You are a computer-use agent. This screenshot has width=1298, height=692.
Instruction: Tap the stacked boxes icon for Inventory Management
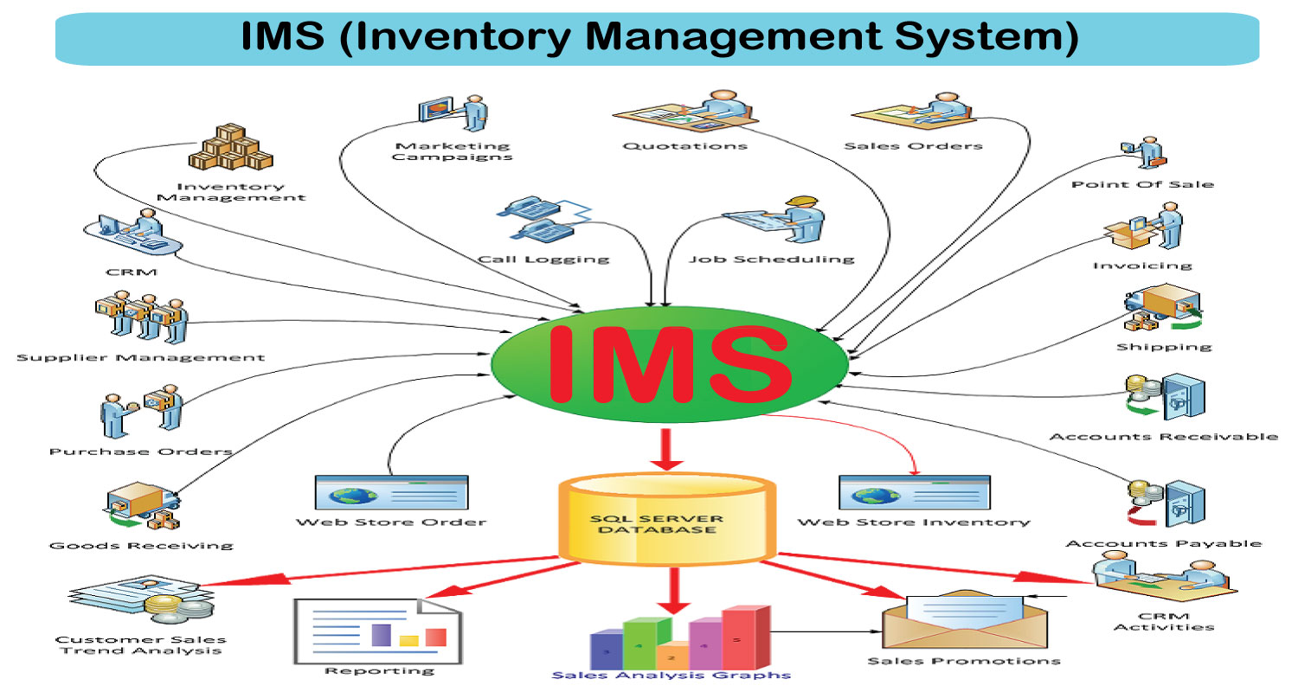230,146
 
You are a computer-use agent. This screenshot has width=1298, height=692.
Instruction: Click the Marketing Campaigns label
452,151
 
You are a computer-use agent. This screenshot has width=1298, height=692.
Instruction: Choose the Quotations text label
684,146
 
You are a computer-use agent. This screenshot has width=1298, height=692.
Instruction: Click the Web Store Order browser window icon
392,492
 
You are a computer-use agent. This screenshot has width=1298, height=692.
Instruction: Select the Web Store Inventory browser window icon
915,492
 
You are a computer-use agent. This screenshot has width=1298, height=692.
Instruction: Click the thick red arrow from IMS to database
667,450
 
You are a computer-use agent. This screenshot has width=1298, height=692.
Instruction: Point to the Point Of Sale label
1142,184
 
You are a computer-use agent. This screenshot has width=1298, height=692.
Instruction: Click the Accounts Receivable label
1163,436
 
